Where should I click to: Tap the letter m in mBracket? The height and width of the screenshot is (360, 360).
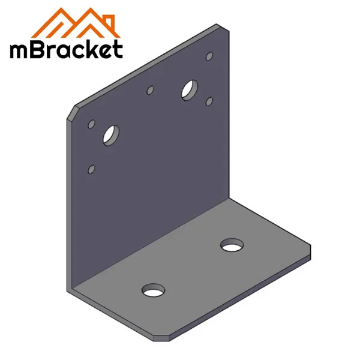21,50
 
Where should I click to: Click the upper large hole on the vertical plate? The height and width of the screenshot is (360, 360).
191,89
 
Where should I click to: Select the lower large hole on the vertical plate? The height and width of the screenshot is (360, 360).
112,134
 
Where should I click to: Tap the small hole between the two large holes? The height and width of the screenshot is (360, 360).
151,91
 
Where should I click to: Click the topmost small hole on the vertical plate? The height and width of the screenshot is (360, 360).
209,56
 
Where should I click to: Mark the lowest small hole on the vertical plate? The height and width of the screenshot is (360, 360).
91,169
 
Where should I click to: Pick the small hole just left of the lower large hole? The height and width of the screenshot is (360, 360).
92,124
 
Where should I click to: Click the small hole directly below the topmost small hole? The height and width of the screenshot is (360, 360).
209,101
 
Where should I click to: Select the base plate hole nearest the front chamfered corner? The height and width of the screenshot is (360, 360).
154,291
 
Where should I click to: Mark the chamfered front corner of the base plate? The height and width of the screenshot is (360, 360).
166,337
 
